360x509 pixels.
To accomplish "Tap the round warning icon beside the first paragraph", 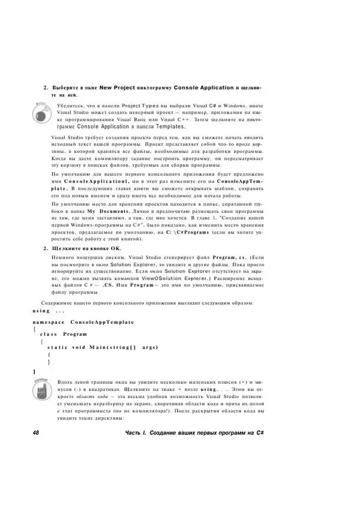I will click(x=38, y=110).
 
